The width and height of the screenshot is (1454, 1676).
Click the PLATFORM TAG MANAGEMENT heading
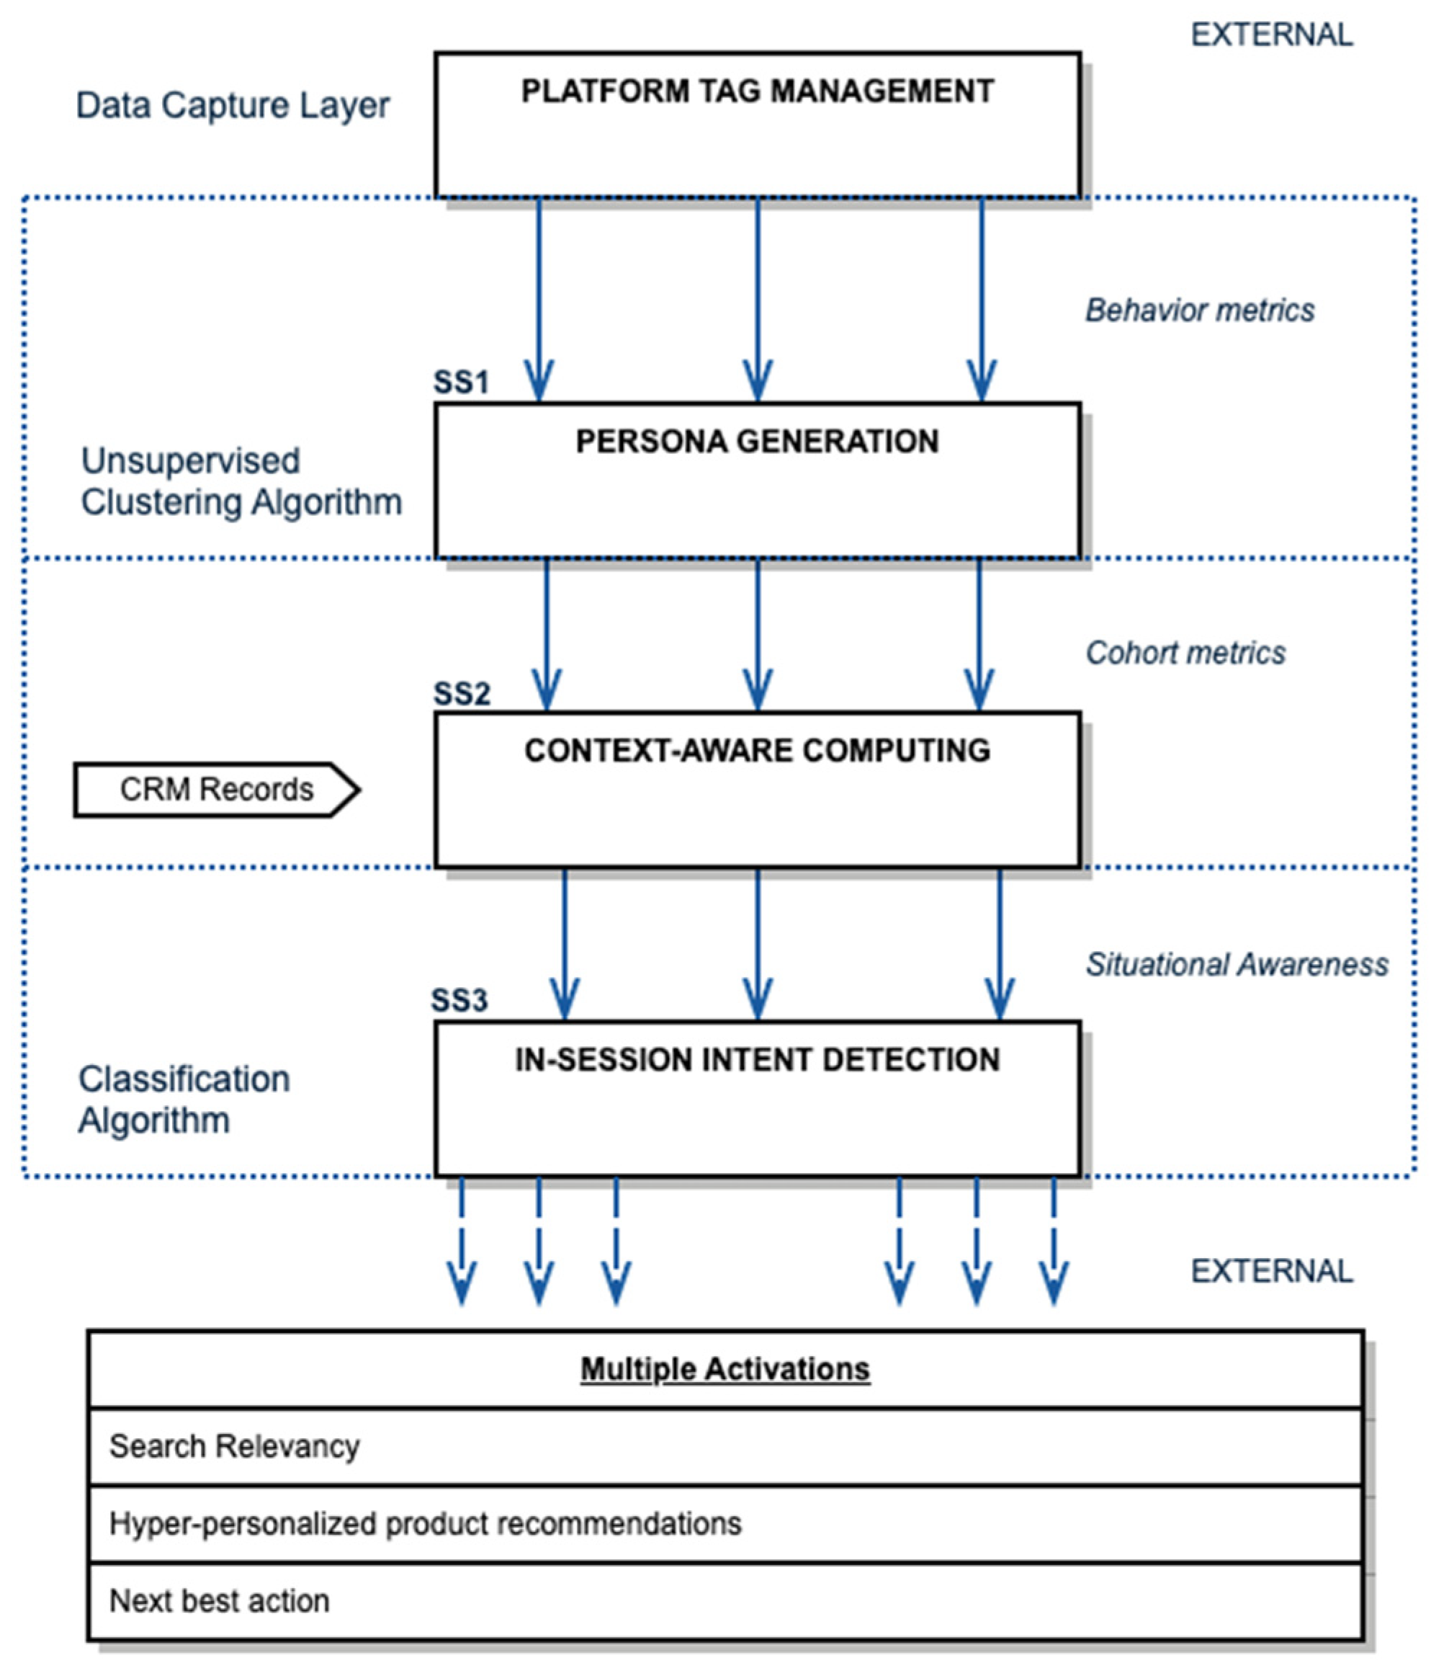(757, 91)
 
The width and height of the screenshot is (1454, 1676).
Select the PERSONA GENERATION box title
(757, 442)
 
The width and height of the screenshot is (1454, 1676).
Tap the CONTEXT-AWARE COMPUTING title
(757, 751)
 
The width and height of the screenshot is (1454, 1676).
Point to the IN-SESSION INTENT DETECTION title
(757, 1060)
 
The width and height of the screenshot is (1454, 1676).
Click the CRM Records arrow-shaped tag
(216, 790)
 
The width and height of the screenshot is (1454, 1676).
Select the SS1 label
(461, 383)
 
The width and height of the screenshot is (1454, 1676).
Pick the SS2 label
(462, 694)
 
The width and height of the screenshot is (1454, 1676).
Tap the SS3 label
(459, 1001)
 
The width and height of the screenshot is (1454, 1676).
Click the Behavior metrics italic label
(1199, 310)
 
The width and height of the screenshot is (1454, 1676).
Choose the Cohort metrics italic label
(1185, 653)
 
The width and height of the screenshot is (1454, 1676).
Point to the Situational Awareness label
(1237, 964)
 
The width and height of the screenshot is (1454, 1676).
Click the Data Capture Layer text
(233, 105)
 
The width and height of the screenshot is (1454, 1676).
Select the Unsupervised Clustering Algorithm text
(241, 481)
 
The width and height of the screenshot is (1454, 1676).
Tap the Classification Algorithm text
(184, 1100)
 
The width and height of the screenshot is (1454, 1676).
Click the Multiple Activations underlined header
(724, 1368)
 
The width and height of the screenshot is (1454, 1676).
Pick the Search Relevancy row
(235, 1445)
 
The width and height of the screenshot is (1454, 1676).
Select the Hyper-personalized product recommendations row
(425, 1523)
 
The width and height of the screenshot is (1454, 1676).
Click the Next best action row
(219, 1600)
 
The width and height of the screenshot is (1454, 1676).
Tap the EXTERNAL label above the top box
(1271, 35)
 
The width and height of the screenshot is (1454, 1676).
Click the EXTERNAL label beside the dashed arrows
(1271, 1271)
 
